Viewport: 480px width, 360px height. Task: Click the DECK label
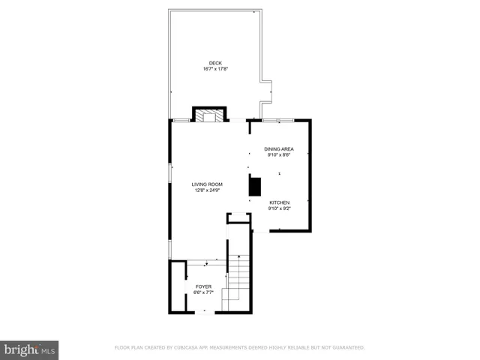click(x=215, y=63)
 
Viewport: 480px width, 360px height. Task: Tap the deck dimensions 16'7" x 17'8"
click(x=215, y=69)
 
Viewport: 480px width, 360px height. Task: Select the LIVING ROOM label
click(x=207, y=184)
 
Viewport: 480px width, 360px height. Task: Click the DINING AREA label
click(x=278, y=149)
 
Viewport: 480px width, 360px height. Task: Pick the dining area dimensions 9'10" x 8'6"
click(x=278, y=155)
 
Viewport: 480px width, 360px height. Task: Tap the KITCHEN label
click(x=280, y=202)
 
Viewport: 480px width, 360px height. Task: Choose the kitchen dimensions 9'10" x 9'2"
click(x=280, y=208)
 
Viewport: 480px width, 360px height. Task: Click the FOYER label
click(x=203, y=286)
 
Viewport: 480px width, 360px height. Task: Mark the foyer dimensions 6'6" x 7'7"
click(x=203, y=292)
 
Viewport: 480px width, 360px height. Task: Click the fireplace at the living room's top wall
click(x=209, y=115)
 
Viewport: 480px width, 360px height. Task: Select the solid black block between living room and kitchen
click(x=254, y=186)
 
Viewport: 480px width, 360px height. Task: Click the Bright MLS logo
click(x=29, y=349)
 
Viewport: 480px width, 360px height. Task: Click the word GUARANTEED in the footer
click(x=347, y=348)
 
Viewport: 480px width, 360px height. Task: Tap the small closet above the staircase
click(x=239, y=217)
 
